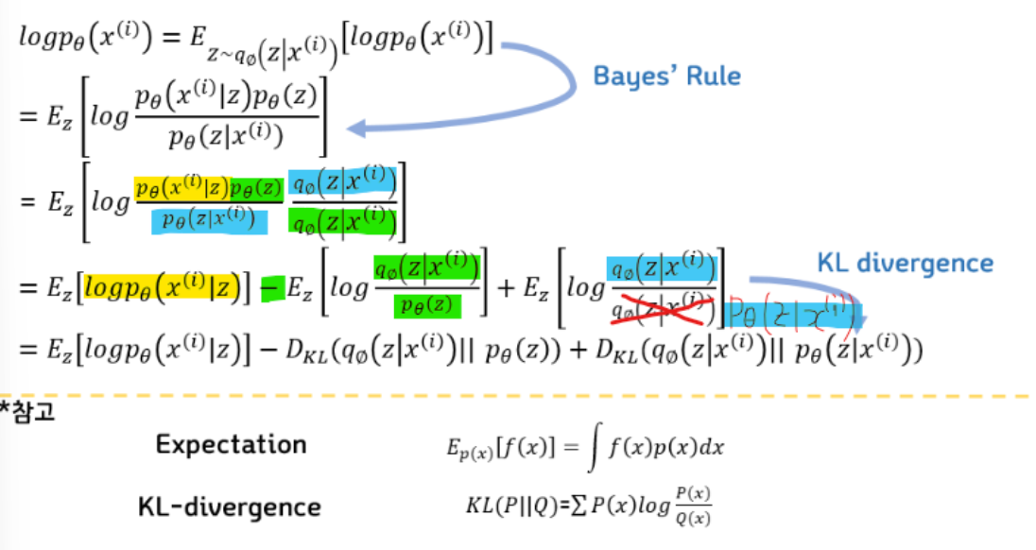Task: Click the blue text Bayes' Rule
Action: click(667, 75)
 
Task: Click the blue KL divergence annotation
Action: click(905, 263)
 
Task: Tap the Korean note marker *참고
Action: click(27, 413)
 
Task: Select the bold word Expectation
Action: click(231, 444)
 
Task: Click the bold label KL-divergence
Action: click(229, 507)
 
